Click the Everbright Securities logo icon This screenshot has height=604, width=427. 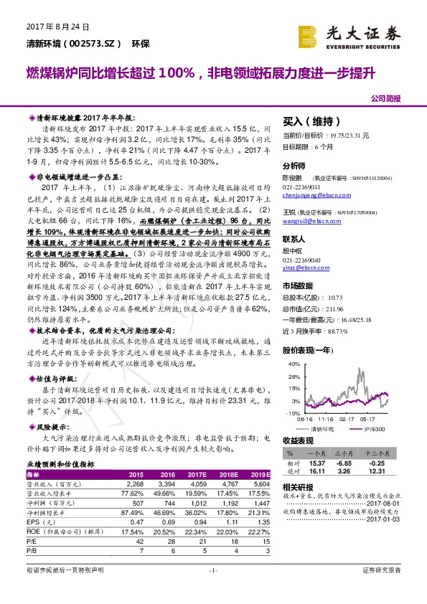309,34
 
